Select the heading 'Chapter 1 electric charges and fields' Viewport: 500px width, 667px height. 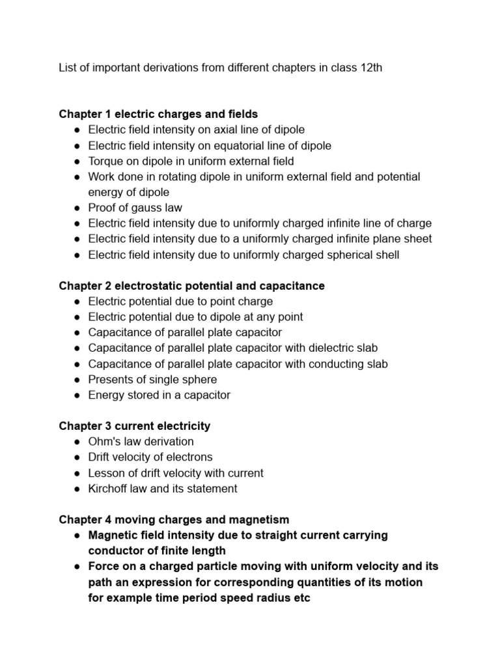tap(158, 114)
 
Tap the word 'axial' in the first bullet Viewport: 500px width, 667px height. tap(219, 130)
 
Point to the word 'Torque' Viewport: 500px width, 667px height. tap(105, 161)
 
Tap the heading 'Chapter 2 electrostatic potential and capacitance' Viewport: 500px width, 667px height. tap(191, 286)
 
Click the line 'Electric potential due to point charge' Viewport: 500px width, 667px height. tap(180, 302)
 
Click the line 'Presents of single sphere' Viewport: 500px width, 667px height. tap(152, 379)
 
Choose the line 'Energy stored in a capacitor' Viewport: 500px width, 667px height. tap(159, 395)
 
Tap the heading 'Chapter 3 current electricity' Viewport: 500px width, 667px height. tap(135, 426)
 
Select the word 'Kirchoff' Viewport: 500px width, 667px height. tap(107, 489)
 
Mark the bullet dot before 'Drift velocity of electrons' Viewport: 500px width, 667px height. tap(77, 457)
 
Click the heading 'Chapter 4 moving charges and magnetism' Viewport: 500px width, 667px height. tap(174, 520)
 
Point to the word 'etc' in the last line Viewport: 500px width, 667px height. tap(301, 597)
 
